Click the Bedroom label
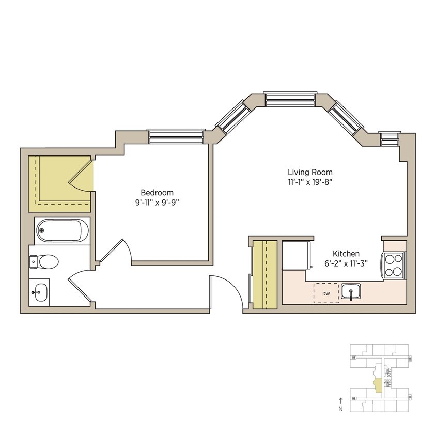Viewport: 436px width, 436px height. pos(157,193)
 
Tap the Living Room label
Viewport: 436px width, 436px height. pos(310,172)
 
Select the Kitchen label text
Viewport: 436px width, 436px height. pos(346,254)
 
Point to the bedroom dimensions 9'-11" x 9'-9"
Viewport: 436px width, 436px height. pos(157,203)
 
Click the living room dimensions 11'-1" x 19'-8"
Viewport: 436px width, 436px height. pos(310,182)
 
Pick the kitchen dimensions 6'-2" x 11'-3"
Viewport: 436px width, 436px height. pos(346,263)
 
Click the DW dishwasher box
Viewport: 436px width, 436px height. pos(326,293)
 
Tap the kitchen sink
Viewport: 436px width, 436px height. pos(351,292)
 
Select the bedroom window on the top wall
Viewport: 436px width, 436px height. pos(176,136)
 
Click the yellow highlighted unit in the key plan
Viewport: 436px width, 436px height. pos(377,385)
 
